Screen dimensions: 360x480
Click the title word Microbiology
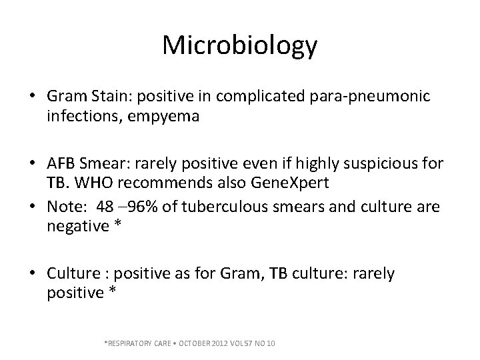click(240, 45)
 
